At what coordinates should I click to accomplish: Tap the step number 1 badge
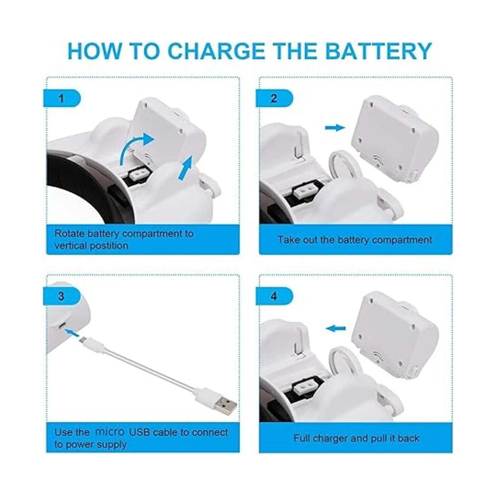point(62,99)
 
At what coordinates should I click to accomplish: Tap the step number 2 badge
point(274,99)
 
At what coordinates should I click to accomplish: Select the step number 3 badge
point(62,296)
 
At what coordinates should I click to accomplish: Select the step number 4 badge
point(274,296)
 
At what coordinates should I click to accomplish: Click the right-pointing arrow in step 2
point(335,127)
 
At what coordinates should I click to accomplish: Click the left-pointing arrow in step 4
point(335,328)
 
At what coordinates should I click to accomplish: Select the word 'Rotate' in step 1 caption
point(69,234)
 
